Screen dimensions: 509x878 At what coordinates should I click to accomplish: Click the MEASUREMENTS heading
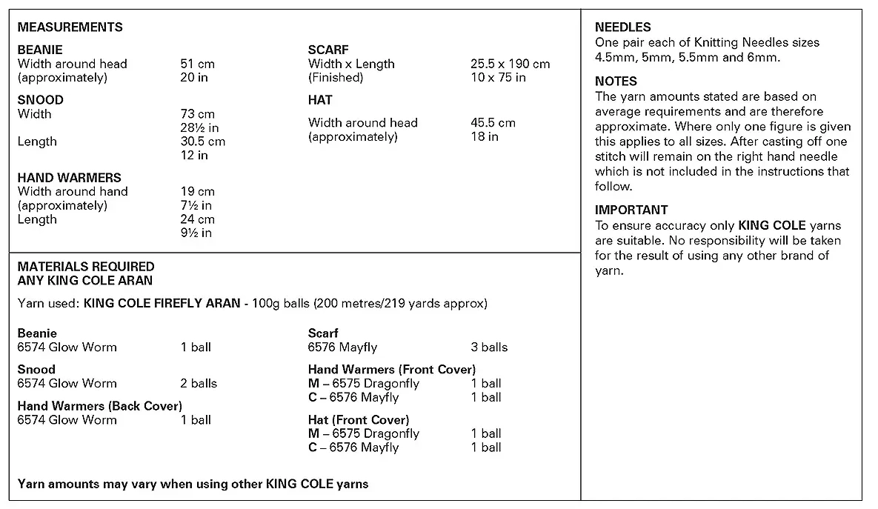(x=70, y=27)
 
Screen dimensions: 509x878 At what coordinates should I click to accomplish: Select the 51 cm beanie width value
(x=197, y=64)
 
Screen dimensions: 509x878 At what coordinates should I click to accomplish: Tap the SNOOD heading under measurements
(x=41, y=100)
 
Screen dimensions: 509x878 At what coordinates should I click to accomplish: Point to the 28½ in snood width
(x=199, y=127)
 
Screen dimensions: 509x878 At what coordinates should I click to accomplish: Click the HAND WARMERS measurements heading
(x=70, y=178)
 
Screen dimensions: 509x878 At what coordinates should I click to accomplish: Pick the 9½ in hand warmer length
(x=196, y=233)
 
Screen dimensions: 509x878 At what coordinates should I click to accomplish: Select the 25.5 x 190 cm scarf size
(x=510, y=64)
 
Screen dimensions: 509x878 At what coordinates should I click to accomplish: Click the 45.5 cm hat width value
(x=493, y=122)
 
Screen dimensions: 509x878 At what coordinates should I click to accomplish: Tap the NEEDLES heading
(x=623, y=27)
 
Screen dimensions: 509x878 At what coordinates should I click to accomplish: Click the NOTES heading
(x=616, y=81)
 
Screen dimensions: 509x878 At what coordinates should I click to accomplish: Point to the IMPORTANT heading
(x=631, y=210)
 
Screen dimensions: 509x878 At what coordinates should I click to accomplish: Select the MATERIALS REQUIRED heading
(x=86, y=267)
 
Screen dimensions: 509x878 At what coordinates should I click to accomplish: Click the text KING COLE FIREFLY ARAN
(x=162, y=304)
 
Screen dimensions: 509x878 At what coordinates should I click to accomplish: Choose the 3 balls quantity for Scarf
(x=489, y=347)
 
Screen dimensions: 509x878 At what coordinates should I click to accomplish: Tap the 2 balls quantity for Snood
(x=199, y=383)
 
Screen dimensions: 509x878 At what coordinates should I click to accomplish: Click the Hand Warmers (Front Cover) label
(x=392, y=369)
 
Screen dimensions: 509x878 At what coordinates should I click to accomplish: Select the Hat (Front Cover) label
(x=359, y=420)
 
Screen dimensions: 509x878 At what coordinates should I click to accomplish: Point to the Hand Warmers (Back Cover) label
(x=100, y=406)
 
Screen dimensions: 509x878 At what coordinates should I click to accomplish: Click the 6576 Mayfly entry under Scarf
(x=342, y=347)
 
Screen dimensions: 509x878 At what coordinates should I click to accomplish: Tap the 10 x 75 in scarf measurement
(x=498, y=77)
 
